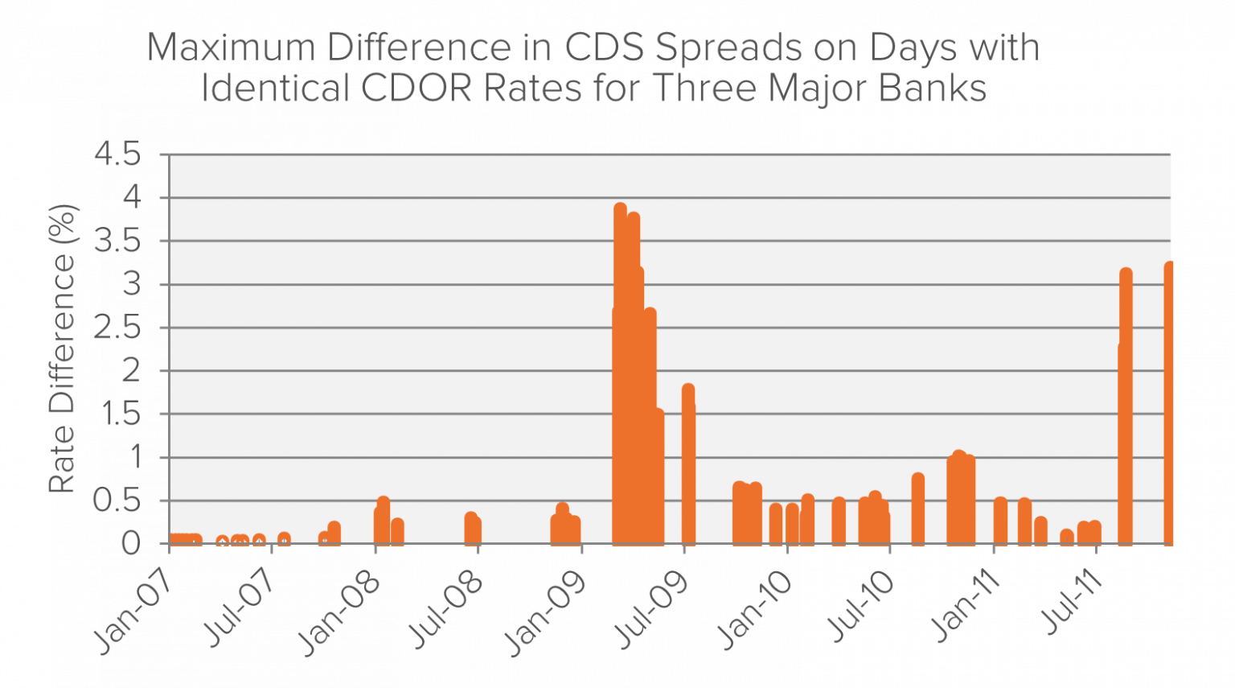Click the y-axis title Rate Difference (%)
pos(63,348)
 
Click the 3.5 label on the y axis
pos(117,241)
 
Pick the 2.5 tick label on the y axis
pos(117,328)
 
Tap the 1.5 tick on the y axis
pos(117,414)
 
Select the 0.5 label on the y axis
pos(117,501)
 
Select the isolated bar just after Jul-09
pos(688,467)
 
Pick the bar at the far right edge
pos(1169,402)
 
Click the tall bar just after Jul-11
pos(1126,402)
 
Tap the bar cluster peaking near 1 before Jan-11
pos(960,499)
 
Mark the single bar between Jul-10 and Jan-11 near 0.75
pos(917,511)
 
